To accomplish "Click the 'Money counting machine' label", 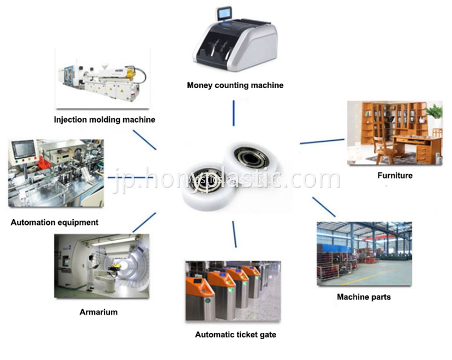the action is tap(235, 85).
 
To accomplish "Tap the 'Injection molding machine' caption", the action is tap(105, 120).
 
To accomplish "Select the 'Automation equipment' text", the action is tap(54, 222).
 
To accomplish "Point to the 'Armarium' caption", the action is tap(98, 312).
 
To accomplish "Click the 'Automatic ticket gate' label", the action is tap(236, 335).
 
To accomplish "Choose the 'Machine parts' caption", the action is tap(364, 297).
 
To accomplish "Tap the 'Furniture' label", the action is tap(395, 175).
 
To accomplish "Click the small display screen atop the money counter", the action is tap(224, 14).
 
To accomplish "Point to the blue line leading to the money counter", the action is tap(233, 113).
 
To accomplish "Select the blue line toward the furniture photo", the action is tap(322, 141).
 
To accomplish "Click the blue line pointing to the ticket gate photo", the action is tap(234, 235).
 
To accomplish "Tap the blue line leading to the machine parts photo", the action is tap(324, 207).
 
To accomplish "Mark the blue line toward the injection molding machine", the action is tap(145, 140).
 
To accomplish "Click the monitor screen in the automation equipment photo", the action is tap(24, 149).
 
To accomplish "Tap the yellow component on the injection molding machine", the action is tap(131, 73).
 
